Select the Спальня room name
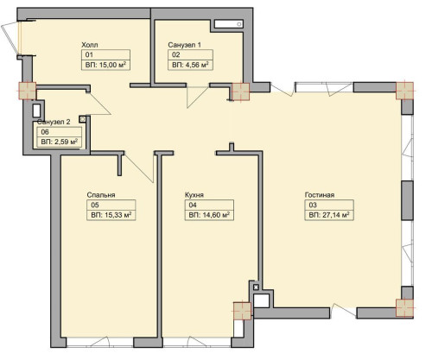[x=101, y=194]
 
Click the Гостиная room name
[x=320, y=195]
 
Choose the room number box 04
[x=192, y=206]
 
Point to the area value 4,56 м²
[x=191, y=64]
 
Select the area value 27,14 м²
[x=329, y=218]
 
